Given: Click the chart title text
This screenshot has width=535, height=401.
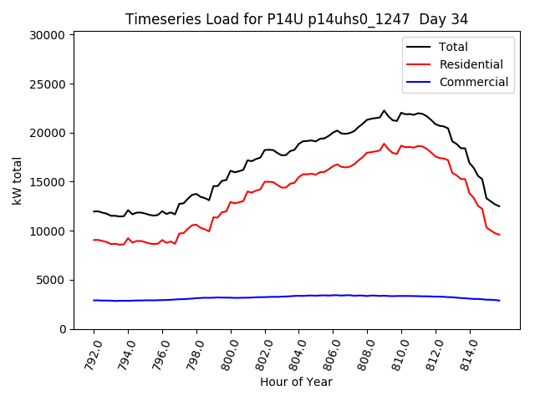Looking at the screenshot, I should [x=297, y=19].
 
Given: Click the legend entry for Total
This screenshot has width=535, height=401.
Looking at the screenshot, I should [x=453, y=47].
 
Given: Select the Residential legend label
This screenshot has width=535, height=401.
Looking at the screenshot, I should [x=471, y=64].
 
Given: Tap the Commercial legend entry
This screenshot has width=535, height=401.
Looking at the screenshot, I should [x=473, y=82].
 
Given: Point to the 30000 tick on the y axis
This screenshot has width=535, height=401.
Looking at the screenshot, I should [x=47, y=35].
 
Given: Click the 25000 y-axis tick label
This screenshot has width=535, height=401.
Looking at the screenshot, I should [x=47, y=84].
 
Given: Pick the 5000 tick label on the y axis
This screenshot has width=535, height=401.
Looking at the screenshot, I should [x=50, y=281].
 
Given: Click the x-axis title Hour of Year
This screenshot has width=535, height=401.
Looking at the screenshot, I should [x=296, y=382].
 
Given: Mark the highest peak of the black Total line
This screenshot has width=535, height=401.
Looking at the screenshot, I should [x=385, y=110].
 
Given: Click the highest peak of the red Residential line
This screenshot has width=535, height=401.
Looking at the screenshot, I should [x=385, y=144].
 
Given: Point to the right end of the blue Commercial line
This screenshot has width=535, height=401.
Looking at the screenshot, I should [x=499, y=301].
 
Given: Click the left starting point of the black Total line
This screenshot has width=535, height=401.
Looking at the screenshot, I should [x=94, y=211].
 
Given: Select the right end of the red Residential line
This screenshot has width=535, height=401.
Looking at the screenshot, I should [x=499, y=235].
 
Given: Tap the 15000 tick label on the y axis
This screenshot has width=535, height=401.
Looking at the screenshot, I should [x=47, y=182].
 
